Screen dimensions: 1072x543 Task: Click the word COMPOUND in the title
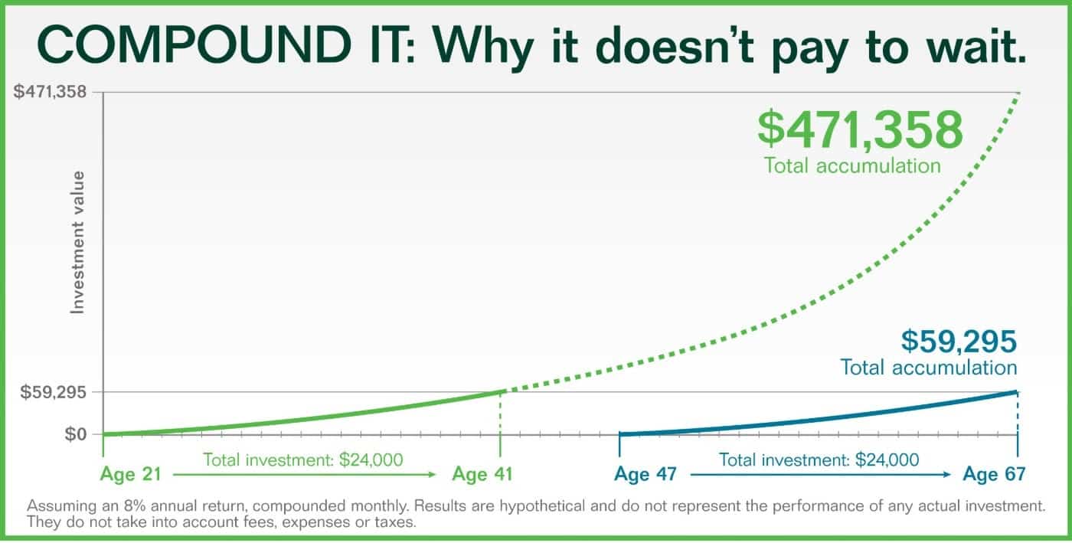[194, 45]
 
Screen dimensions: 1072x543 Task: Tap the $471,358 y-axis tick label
[50, 91]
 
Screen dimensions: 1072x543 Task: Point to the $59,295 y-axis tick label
[53, 392]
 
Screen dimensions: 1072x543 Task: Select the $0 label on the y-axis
[76, 434]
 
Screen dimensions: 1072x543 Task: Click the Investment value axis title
[77, 243]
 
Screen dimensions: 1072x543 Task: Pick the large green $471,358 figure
[860, 129]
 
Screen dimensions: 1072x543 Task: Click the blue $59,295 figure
[959, 341]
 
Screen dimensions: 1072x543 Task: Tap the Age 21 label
[131, 474]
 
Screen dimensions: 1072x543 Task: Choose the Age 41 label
[482, 474]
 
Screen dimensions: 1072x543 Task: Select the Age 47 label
[645, 474]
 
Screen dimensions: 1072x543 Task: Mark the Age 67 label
[994, 474]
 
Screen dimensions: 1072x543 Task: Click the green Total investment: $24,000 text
[303, 460]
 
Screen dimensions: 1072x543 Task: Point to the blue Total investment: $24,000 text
[819, 460]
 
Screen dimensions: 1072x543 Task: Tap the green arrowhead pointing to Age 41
[432, 475]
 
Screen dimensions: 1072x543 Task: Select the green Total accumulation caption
[852, 165]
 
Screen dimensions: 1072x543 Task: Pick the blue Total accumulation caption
[928, 368]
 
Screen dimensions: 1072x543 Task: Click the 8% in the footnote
[135, 505]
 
